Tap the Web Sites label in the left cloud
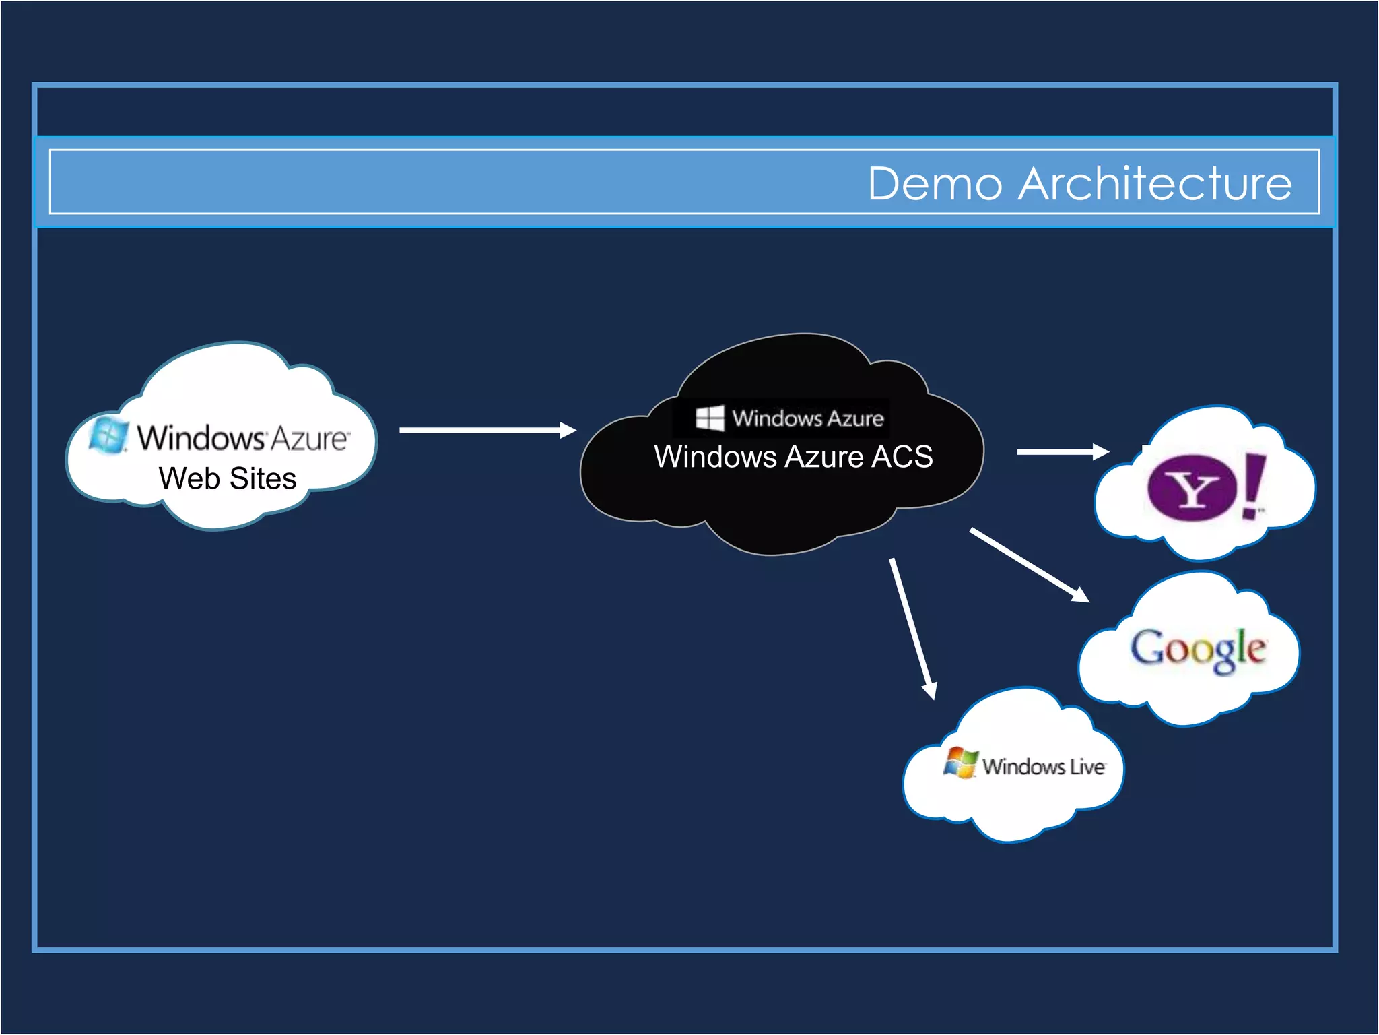(x=228, y=478)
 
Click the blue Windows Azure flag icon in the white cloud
(x=108, y=435)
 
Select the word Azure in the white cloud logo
(x=310, y=439)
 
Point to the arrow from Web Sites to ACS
(x=487, y=430)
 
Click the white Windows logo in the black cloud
(x=710, y=418)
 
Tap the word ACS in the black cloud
(x=902, y=457)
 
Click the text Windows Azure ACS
(x=793, y=457)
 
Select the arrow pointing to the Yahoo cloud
(x=1063, y=451)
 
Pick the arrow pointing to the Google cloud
(x=1029, y=565)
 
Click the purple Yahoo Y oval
(x=1192, y=489)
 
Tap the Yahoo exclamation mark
(x=1254, y=485)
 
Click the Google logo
(x=1198, y=650)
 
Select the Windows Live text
(x=1043, y=767)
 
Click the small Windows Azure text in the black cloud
(x=807, y=418)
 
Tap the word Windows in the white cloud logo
(x=200, y=438)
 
